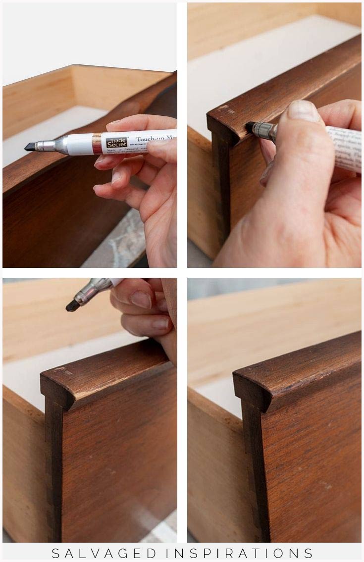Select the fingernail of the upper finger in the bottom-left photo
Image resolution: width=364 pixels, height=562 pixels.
142,299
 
